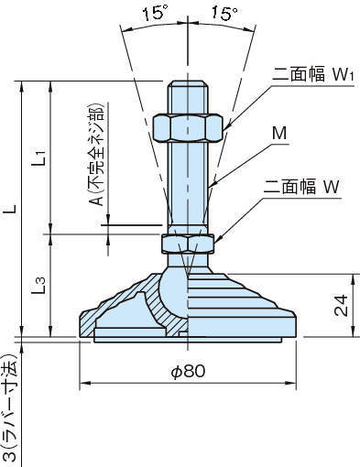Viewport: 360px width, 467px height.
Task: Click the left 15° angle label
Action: tap(156, 14)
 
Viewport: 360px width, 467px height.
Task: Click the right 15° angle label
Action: tap(224, 14)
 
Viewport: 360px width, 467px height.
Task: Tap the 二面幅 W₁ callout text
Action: tap(312, 74)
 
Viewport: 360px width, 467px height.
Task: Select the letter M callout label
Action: tap(279, 134)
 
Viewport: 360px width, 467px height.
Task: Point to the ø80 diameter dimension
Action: tap(188, 372)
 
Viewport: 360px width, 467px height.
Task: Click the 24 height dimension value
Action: tap(341, 305)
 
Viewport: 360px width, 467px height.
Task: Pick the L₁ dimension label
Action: tap(39, 157)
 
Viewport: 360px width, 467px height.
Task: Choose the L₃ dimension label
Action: tap(39, 286)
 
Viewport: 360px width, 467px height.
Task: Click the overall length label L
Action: tap(12, 209)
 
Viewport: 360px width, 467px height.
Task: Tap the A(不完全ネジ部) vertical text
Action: tap(97, 155)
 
